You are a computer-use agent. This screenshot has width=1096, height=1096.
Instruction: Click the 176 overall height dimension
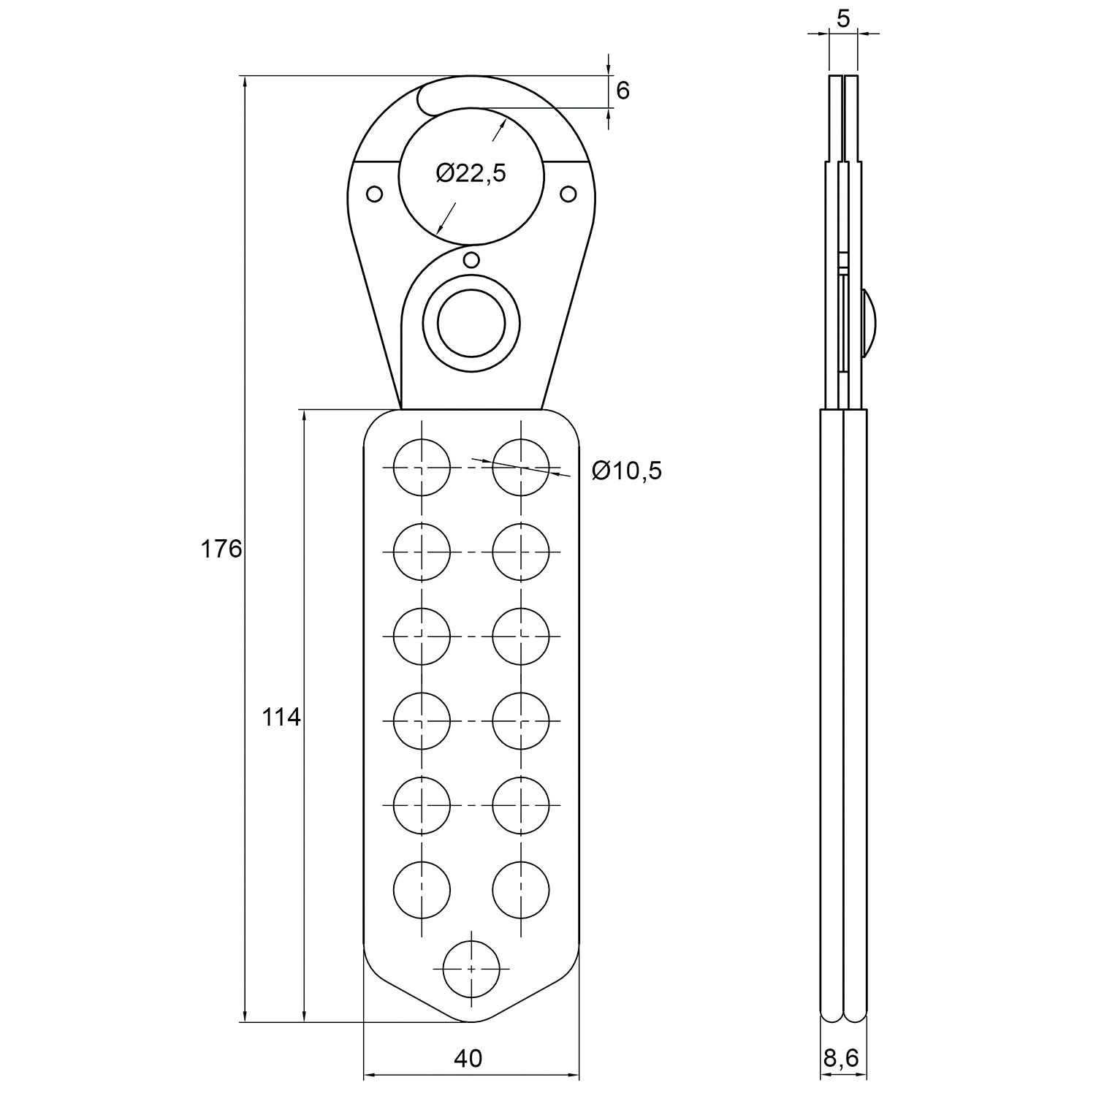(221, 549)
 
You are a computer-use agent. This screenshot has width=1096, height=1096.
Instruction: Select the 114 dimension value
(281, 718)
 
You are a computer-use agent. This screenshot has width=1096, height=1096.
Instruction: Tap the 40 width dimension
(468, 1058)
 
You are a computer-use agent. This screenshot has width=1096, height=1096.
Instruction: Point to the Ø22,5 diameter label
(471, 173)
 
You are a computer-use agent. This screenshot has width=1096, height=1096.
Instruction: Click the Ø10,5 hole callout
(626, 471)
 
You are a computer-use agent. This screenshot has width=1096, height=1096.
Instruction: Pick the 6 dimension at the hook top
(623, 91)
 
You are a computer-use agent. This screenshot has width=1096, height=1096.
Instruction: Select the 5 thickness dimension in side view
(843, 19)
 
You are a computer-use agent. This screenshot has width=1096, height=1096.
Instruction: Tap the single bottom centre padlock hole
(472, 968)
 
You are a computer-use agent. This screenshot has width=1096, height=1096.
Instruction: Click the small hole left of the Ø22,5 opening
(374, 194)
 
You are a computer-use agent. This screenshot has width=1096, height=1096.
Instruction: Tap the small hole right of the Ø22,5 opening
(568, 194)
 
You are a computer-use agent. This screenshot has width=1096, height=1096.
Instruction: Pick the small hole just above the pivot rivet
(471, 259)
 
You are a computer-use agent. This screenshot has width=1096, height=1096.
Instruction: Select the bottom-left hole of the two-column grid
(422, 890)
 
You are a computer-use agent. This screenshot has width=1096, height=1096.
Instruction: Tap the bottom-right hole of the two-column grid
(520, 890)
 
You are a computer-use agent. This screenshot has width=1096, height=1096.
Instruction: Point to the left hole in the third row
(422, 636)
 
